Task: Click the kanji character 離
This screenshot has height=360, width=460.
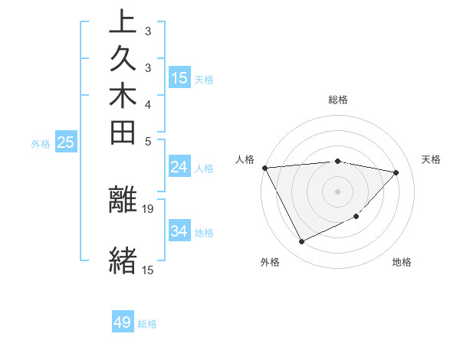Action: point(123,199)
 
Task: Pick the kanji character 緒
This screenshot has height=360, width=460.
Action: point(123,259)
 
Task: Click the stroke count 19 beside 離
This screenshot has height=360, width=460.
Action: point(149,209)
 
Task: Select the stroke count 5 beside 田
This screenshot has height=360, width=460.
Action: point(148,141)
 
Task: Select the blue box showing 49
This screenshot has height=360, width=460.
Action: point(123,322)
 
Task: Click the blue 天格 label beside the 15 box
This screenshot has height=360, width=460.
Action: point(204,79)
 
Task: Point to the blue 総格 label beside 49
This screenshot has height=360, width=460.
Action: point(147,324)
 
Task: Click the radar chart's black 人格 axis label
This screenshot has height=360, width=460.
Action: point(245,159)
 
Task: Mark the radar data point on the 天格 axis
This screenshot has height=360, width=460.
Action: point(396,172)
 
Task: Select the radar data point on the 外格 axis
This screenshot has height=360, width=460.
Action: point(301,242)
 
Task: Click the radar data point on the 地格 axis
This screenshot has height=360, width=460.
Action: point(356,217)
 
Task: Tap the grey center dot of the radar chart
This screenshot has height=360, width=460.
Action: point(337,191)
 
